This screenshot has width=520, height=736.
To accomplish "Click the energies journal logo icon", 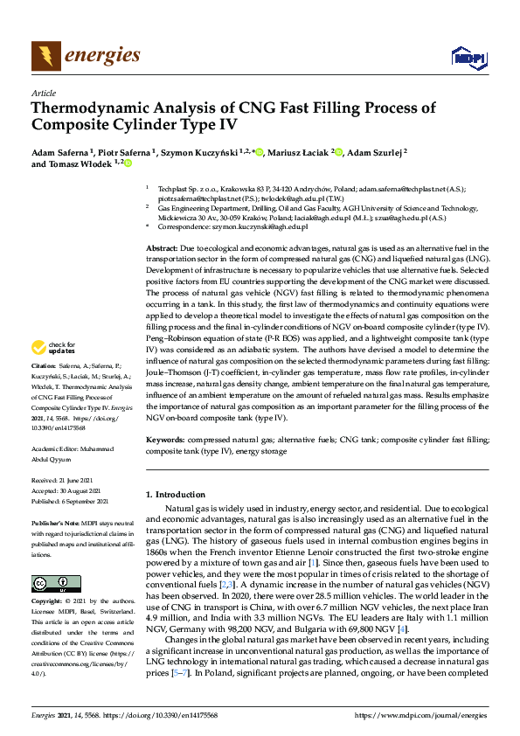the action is [45, 56].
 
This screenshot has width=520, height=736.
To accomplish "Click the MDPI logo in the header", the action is [468, 58].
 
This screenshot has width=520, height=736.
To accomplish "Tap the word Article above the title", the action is [43, 94].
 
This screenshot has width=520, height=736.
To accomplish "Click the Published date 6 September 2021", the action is [81, 501].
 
